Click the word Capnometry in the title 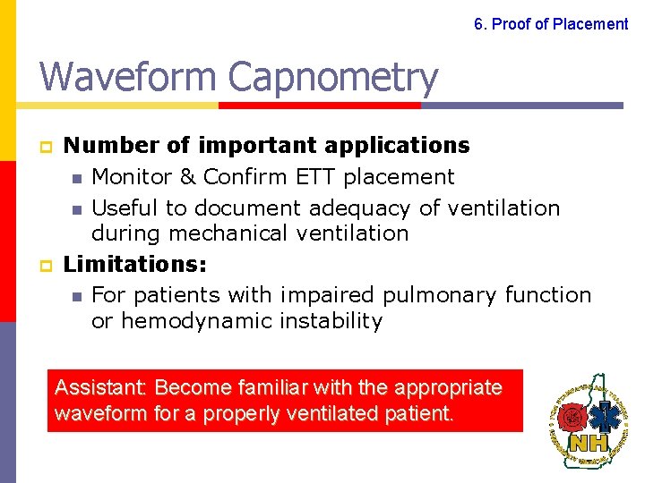click(333, 78)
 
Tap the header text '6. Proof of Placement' click(551, 24)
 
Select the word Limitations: click(135, 265)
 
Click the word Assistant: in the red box click(100, 388)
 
